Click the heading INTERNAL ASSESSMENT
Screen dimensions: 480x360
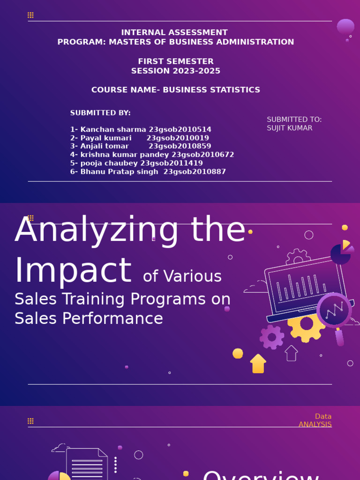174,32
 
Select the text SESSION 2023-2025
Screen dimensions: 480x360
175,71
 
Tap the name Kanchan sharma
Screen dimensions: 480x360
113,129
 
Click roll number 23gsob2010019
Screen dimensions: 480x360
178,138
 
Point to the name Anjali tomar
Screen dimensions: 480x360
105,146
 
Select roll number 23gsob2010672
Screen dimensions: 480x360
202,155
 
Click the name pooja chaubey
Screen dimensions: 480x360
109,163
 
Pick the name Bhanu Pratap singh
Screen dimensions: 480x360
120,172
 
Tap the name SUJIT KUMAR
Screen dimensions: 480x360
289,128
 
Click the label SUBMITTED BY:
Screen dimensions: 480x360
100,113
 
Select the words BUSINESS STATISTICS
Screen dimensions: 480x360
211,90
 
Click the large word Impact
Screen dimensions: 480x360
73,270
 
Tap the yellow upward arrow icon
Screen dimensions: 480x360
258,364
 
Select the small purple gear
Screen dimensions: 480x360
272,337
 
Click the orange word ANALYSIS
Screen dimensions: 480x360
315,424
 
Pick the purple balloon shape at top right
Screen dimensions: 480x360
345,27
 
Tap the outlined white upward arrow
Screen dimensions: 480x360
291,353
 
